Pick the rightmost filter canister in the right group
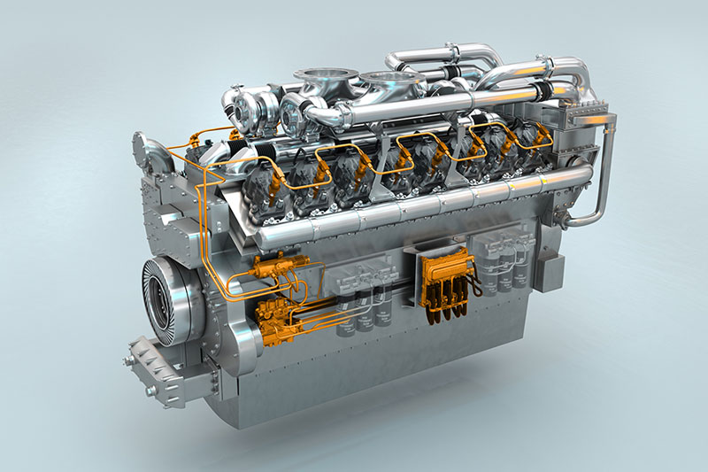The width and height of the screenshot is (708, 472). point(523,270)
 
